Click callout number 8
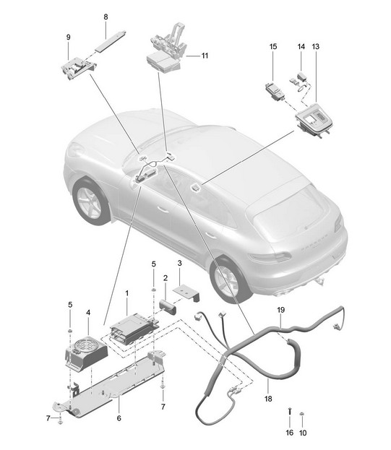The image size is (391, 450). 106,17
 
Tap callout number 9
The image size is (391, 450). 69,38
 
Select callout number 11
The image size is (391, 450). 205,56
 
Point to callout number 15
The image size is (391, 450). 273,46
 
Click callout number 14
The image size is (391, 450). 301,46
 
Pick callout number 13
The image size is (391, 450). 316,46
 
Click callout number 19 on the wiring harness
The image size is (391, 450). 280,310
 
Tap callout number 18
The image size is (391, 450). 268,399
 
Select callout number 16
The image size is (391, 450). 290,433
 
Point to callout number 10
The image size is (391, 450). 303,433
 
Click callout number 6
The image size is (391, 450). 119,418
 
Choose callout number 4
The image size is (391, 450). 88,313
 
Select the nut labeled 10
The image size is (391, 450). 302,414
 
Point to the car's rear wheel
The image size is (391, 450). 228,280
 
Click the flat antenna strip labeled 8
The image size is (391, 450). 111,40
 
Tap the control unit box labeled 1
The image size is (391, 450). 134,329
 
